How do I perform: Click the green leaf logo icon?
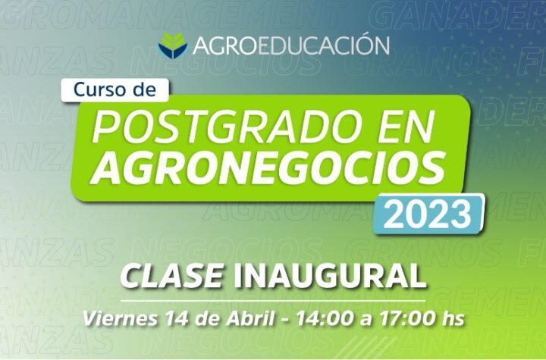point(173,45)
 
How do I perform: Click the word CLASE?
point(171,277)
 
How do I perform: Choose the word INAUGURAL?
point(330,277)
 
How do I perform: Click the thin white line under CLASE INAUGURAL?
point(273,300)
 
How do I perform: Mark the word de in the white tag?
point(145,90)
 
